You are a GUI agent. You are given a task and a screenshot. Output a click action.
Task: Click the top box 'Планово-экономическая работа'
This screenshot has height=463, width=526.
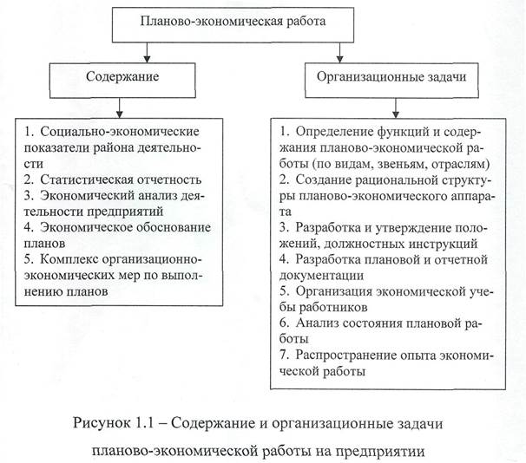click(233, 21)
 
